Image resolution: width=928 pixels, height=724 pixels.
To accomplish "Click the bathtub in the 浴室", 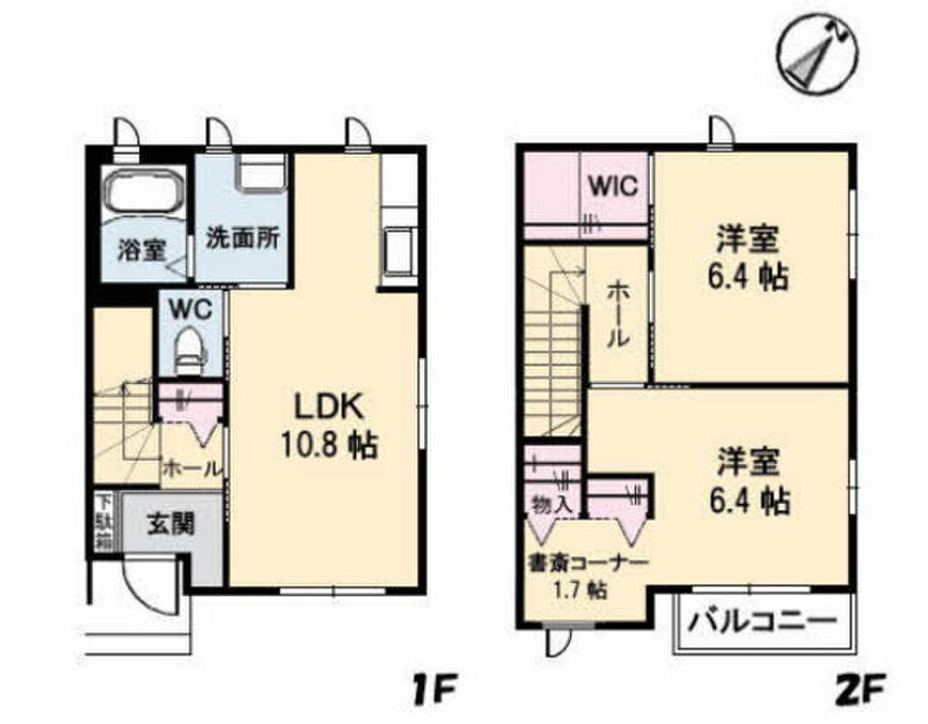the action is coord(142,188).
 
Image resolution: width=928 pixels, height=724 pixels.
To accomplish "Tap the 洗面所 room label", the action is coord(243,238).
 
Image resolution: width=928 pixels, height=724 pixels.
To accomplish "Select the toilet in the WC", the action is coord(190,352).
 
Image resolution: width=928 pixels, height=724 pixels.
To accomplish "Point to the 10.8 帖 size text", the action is coord(328,445).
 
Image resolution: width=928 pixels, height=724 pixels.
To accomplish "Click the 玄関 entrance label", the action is coord(171,524).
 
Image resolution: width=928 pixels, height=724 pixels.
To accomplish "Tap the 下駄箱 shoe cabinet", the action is coord(104,522).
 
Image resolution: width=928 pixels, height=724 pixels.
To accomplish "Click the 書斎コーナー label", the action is coord(587,564).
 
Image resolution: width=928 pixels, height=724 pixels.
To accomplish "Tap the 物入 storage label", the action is coord(552,506).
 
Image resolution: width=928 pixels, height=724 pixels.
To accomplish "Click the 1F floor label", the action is coord(436,690).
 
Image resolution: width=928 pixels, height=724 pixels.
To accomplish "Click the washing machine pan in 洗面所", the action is coord(262,171).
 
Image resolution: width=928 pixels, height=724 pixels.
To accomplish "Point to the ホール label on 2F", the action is coord(617,314).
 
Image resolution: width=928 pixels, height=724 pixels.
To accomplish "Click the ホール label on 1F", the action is coord(191,468).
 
